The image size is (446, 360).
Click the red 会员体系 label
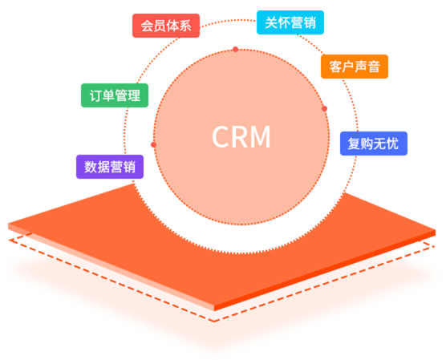point(166,26)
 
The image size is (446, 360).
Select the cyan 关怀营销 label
point(290,22)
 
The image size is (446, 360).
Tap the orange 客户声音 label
point(355,67)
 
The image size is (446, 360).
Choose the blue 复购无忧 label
point(374,144)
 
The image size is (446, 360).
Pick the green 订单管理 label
point(115,95)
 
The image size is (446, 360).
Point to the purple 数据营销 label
point(110,167)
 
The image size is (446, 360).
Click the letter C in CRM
point(221,137)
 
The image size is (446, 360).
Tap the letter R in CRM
point(241,137)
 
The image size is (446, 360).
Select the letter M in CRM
point(262,137)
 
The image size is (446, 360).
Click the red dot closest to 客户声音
point(325,108)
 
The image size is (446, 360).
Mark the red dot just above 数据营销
point(153,145)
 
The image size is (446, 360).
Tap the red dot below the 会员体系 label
point(236,50)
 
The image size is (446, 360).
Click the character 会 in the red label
point(147,26)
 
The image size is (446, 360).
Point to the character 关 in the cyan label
point(271,22)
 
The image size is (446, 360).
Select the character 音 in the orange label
point(374,67)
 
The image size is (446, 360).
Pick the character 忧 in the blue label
point(392,144)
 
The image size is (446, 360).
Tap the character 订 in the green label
point(95,95)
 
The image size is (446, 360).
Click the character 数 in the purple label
point(91,167)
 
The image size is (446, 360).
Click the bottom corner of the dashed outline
point(214,322)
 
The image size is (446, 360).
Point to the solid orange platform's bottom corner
point(214,311)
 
